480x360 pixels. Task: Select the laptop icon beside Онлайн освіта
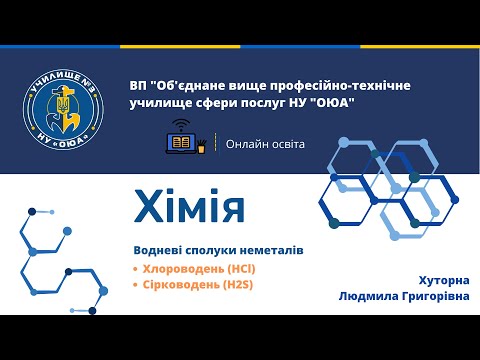tap(181, 143)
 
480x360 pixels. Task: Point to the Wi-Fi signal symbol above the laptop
tap(181, 126)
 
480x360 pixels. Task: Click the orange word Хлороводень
tap(176, 269)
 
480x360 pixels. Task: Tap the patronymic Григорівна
tap(432, 297)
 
